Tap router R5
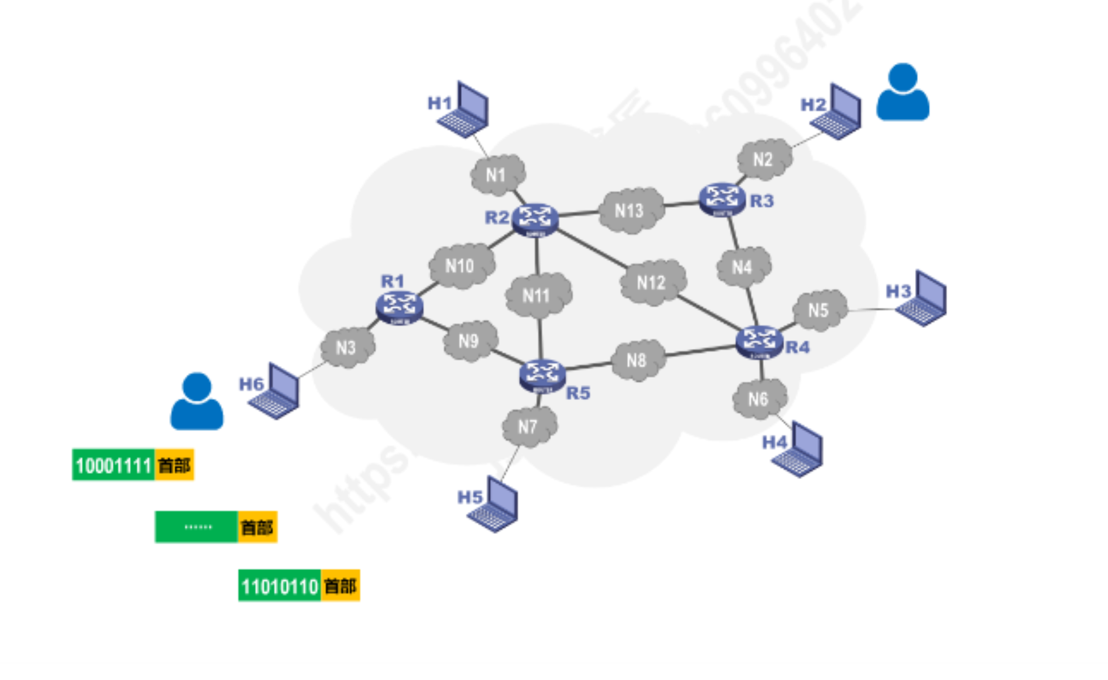(542, 375)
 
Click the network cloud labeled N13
(630, 211)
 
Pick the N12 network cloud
(652, 283)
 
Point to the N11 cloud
(537, 296)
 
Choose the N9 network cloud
(469, 341)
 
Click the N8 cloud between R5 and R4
(637, 360)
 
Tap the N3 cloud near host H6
(347, 347)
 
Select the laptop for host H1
(465, 111)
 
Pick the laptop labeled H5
(496, 505)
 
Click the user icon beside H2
(903, 92)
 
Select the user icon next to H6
(197, 401)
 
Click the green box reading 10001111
(113, 465)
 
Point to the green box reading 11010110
(280, 586)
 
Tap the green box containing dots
(197, 527)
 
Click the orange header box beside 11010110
(340, 586)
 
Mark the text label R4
(798, 347)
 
